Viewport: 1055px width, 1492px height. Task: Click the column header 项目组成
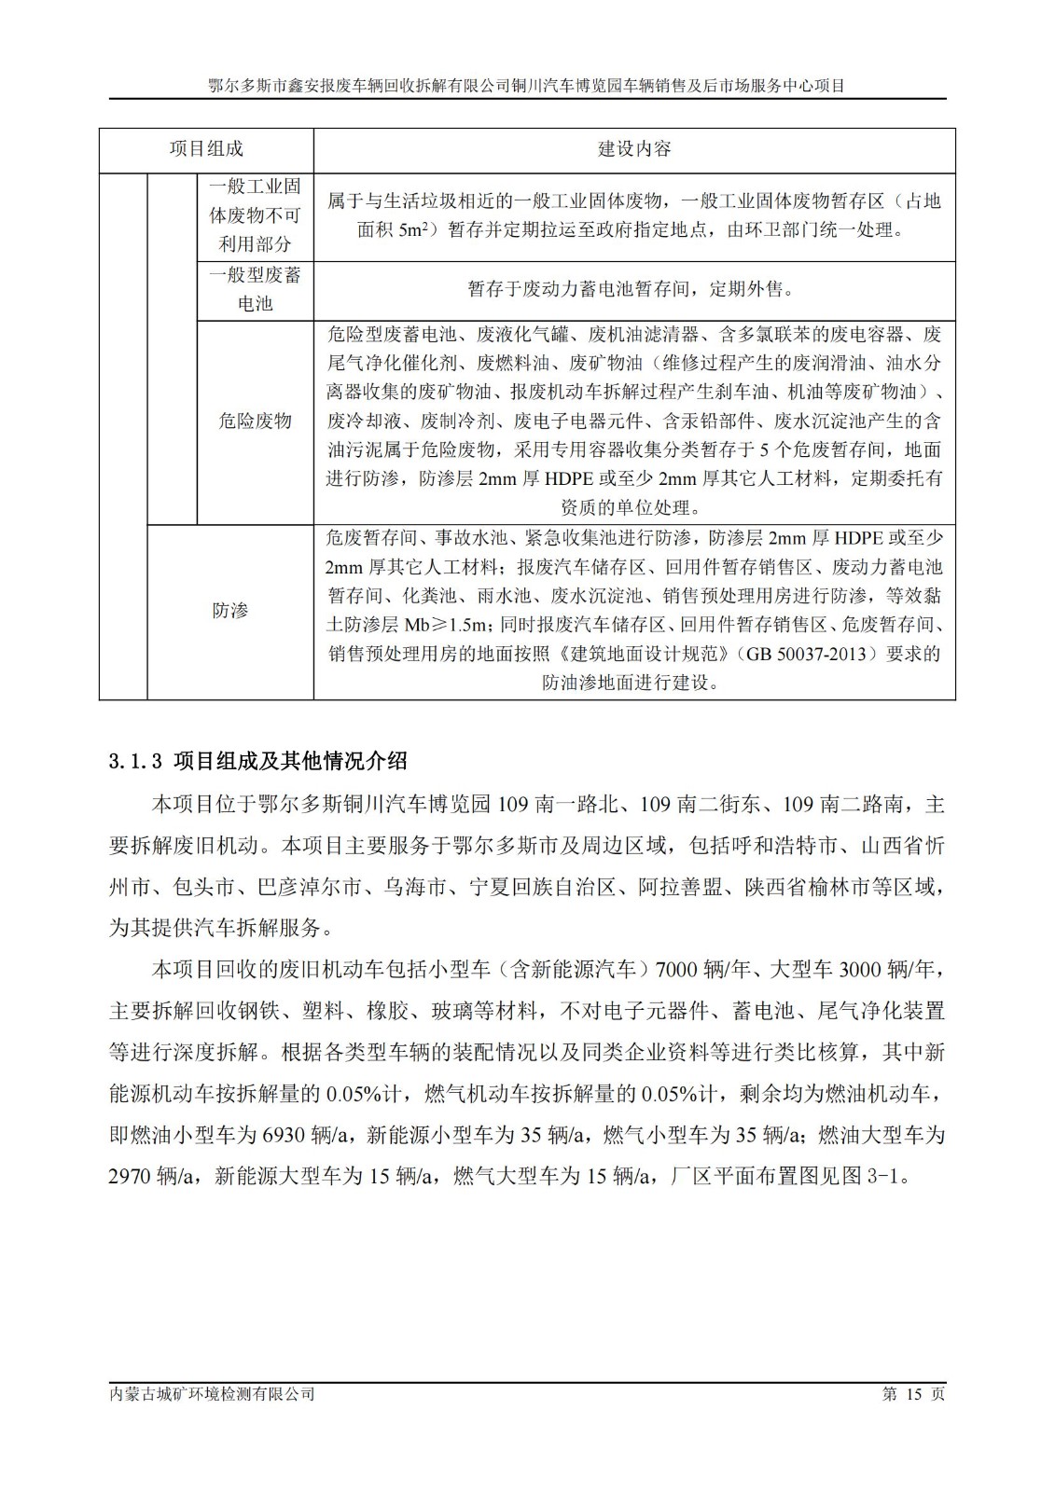[x=206, y=149]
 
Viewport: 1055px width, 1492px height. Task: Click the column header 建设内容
[x=634, y=149]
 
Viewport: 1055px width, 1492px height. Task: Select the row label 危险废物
[x=255, y=421]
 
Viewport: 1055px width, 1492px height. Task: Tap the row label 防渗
[x=229, y=611]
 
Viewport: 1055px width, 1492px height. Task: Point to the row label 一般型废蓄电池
[x=255, y=289]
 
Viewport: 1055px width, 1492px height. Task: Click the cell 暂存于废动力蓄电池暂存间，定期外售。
[x=634, y=289]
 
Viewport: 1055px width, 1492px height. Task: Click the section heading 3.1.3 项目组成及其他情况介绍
[x=258, y=761]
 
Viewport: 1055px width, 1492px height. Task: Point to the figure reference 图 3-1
[x=874, y=1176]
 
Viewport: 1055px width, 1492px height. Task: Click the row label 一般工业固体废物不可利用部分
[x=255, y=215]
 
